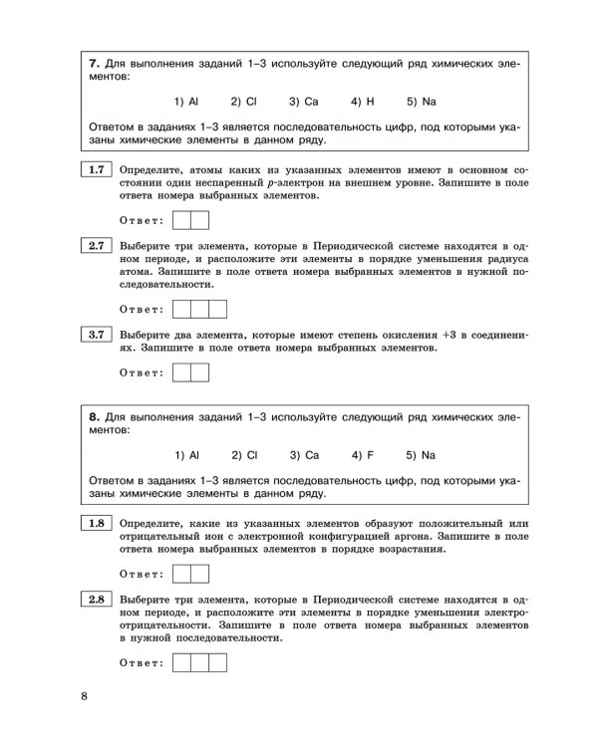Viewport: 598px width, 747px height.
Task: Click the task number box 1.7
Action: (96, 170)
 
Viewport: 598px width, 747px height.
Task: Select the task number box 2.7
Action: (96, 245)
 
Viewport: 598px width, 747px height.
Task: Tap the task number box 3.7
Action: (96, 335)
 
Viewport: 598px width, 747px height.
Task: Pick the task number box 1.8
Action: (96, 523)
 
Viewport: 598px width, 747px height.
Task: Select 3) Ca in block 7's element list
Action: (304, 102)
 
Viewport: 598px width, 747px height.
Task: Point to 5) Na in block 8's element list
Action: (422, 455)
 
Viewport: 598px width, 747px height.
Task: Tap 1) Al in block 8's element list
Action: (187, 455)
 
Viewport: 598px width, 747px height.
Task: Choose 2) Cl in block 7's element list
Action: (244, 102)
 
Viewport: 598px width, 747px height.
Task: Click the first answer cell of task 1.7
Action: (182, 220)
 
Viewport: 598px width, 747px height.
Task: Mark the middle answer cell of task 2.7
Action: (200, 309)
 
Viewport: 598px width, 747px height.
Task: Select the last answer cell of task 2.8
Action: (218, 662)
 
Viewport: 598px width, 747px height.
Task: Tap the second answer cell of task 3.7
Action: (200, 373)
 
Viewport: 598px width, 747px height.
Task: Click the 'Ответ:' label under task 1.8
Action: (141, 574)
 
